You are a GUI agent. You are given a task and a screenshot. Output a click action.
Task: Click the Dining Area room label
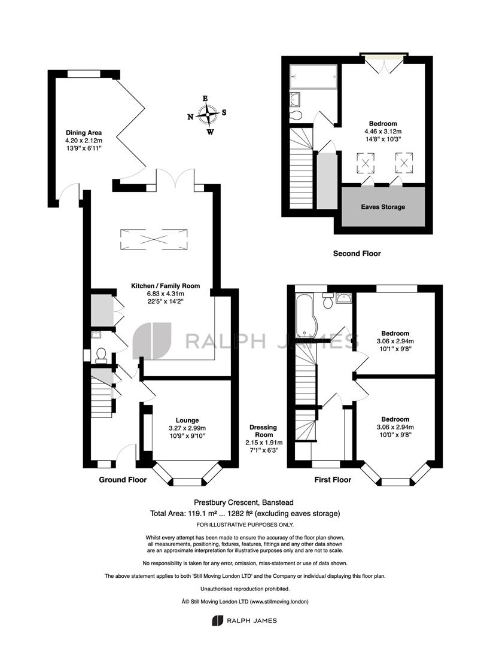[84, 133]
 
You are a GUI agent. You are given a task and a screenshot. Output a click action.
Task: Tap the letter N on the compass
[190, 117]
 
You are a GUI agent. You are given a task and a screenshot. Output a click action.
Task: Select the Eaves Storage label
[383, 207]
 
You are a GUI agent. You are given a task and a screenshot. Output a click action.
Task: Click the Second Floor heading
[357, 254]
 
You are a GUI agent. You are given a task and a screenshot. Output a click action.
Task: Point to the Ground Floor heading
[123, 480]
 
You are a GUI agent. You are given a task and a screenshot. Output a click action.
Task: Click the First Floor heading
[333, 480]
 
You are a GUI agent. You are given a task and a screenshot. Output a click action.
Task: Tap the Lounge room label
[187, 420]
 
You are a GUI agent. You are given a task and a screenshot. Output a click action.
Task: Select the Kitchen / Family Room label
[165, 286]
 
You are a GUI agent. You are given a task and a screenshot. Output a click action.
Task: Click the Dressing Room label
[264, 431]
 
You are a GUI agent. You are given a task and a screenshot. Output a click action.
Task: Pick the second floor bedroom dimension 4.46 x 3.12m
[383, 132]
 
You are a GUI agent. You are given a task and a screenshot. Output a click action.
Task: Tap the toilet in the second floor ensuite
[296, 115]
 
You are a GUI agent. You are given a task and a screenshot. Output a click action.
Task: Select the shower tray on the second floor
[314, 76]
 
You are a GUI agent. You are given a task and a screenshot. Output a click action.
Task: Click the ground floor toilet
[101, 355]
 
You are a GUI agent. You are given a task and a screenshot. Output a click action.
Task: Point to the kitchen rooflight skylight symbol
[154, 239]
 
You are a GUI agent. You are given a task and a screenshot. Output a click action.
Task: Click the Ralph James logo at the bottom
[245, 620]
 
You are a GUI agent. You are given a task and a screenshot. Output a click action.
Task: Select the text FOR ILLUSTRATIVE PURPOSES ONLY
[245, 525]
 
